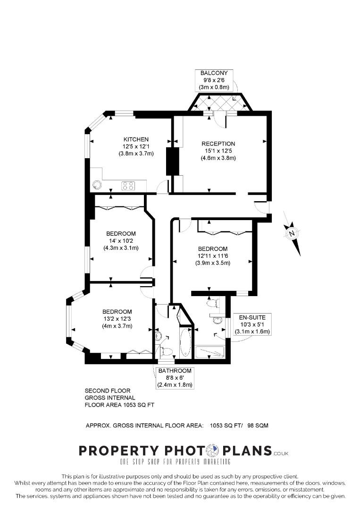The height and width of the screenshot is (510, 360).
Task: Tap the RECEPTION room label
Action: coord(218,144)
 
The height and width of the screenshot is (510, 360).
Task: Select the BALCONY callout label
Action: coord(214,73)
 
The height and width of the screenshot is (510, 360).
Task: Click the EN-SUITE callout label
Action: coord(252,317)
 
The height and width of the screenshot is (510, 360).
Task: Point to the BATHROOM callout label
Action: coord(175,371)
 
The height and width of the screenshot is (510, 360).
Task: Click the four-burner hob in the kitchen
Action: coord(128,186)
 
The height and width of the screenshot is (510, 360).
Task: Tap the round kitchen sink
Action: coord(97,185)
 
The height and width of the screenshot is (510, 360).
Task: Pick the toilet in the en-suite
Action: coord(213,303)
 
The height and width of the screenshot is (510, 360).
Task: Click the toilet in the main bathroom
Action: coord(166,351)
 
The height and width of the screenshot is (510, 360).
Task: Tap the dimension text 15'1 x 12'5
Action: coord(218,151)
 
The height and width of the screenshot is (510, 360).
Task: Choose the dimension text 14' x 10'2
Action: coord(121,241)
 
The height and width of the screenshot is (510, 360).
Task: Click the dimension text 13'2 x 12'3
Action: coord(117,319)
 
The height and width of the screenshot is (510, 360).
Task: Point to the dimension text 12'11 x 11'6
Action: coord(213,256)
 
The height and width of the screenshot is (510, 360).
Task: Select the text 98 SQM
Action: coord(258,425)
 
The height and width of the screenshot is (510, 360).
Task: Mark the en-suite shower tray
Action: coord(210,352)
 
